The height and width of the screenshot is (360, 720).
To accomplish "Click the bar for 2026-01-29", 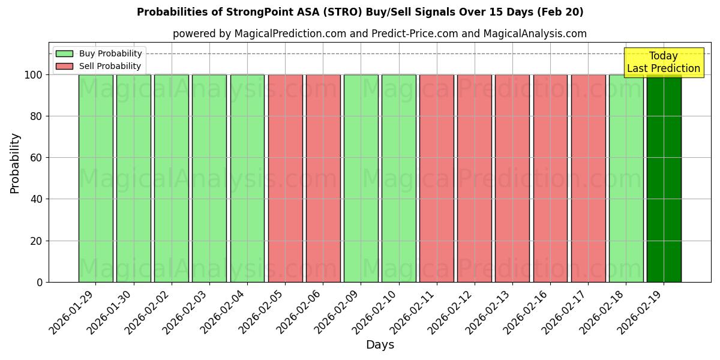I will point(95,178).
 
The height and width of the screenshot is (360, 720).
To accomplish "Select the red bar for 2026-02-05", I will point(285,178).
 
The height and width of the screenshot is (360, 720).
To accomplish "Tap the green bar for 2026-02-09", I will point(361,178).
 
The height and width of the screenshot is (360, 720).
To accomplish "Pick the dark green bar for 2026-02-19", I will point(664,178).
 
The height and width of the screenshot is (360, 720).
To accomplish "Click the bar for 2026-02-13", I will point(512,178).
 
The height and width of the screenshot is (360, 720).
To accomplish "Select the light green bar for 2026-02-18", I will point(626,178).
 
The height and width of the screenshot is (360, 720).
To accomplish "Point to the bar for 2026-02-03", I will point(209,178).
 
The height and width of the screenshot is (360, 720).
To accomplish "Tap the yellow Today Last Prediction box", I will point(663,62).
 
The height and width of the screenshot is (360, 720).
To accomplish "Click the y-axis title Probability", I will point(15,163).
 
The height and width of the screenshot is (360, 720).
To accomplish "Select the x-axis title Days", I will point(380,345).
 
